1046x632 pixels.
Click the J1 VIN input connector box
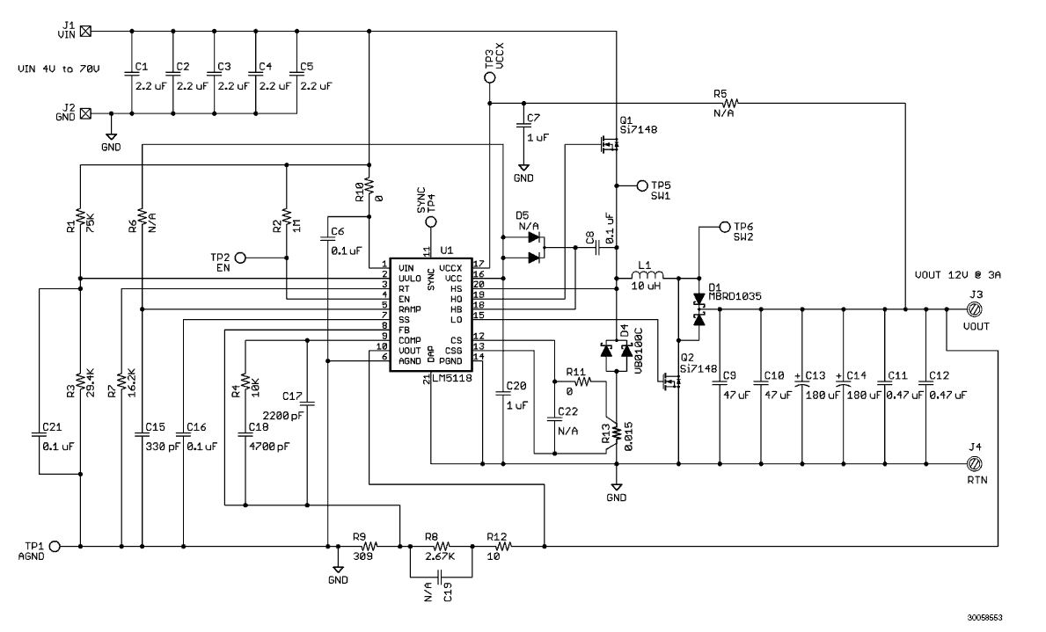(85, 31)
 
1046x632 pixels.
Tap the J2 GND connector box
(85, 113)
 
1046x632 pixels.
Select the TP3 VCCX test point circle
(490, 77)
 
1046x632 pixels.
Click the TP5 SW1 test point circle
(642, 185)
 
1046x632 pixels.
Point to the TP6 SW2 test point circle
(725, 228)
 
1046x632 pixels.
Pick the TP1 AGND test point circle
(54, 546)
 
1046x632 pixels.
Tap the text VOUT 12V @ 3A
(957, 274)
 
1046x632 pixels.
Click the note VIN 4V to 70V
(59, 69)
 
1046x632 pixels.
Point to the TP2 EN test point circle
(240, 258)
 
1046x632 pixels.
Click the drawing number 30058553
(985, 617)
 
